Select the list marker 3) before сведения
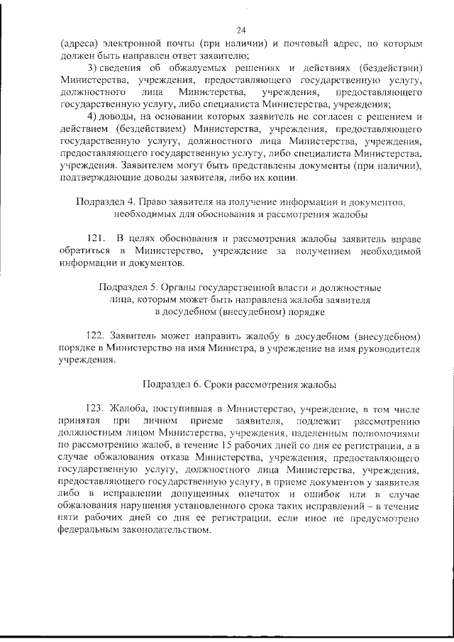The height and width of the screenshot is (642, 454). coord(92,67)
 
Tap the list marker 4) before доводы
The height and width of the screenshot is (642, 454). coord(92,116)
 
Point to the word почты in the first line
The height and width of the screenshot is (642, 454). coord(179,43)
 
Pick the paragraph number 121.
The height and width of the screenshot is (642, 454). coord(94,238)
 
